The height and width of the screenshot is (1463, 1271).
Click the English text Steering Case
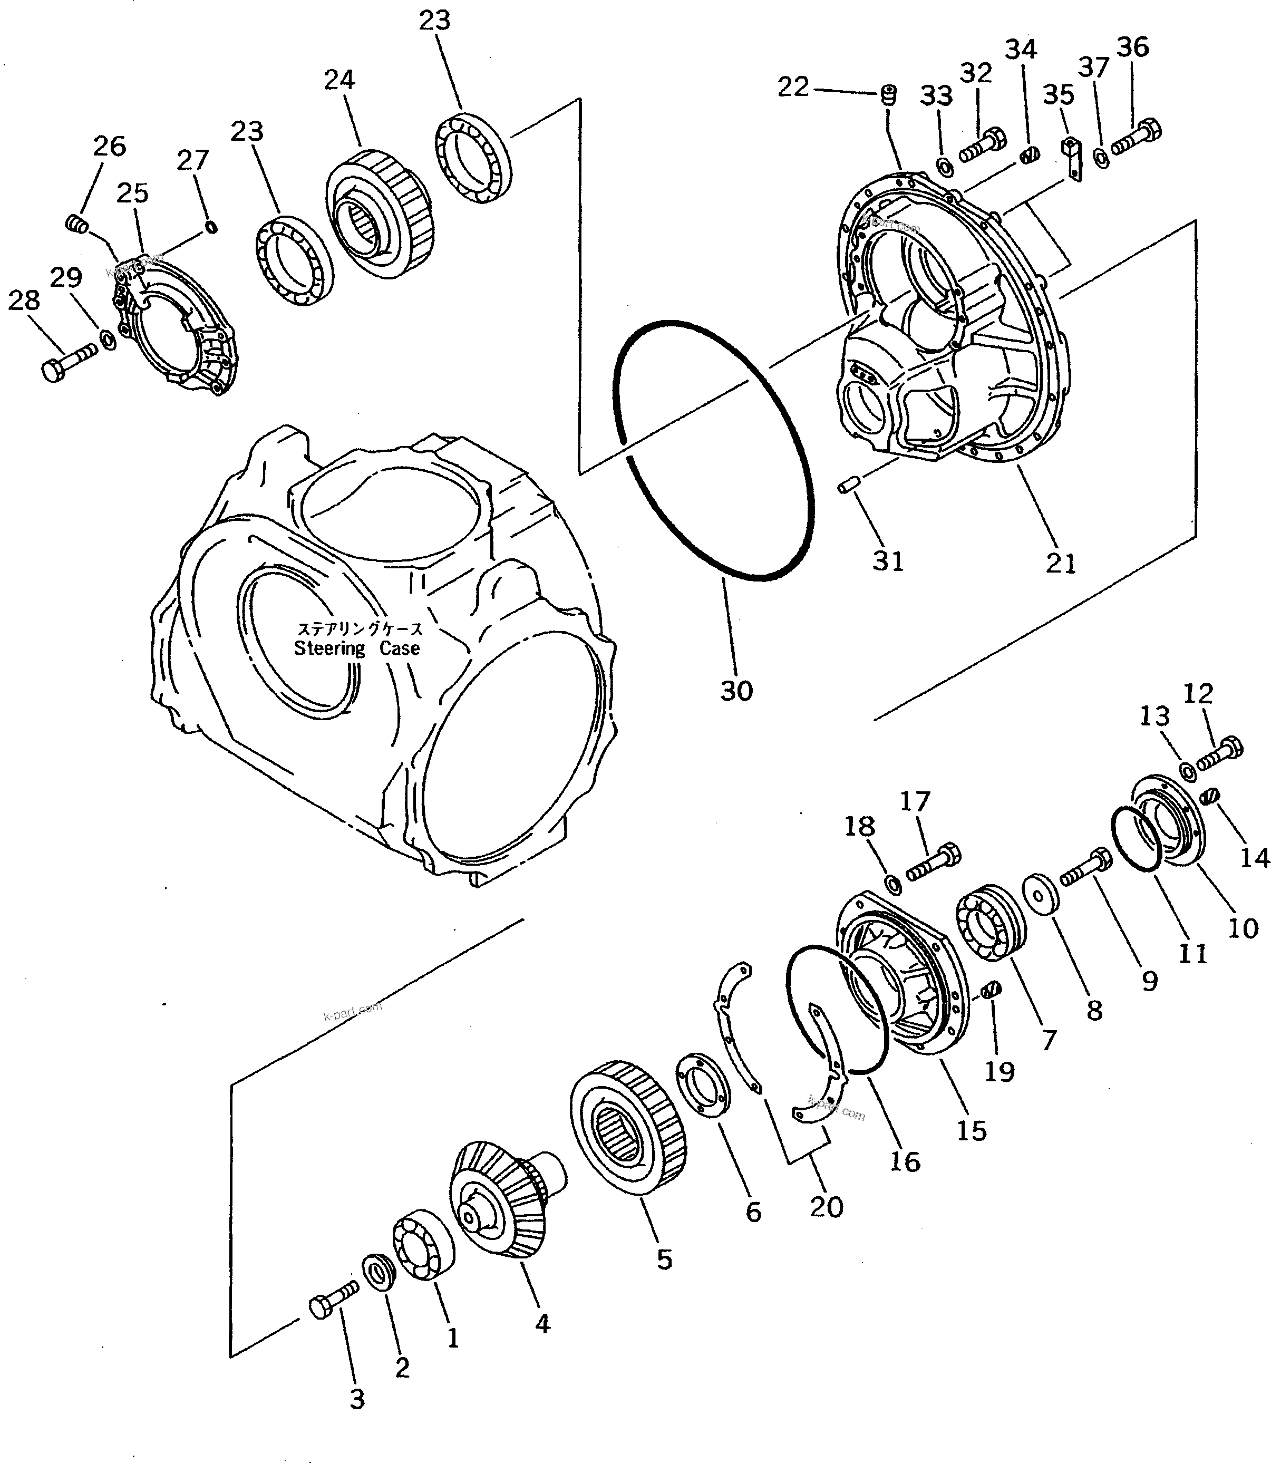[357, 647]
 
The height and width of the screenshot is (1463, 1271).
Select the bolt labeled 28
[68, 362]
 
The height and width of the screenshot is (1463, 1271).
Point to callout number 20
[826, 1206]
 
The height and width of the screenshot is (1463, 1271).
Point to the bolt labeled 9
[1085, 869]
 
